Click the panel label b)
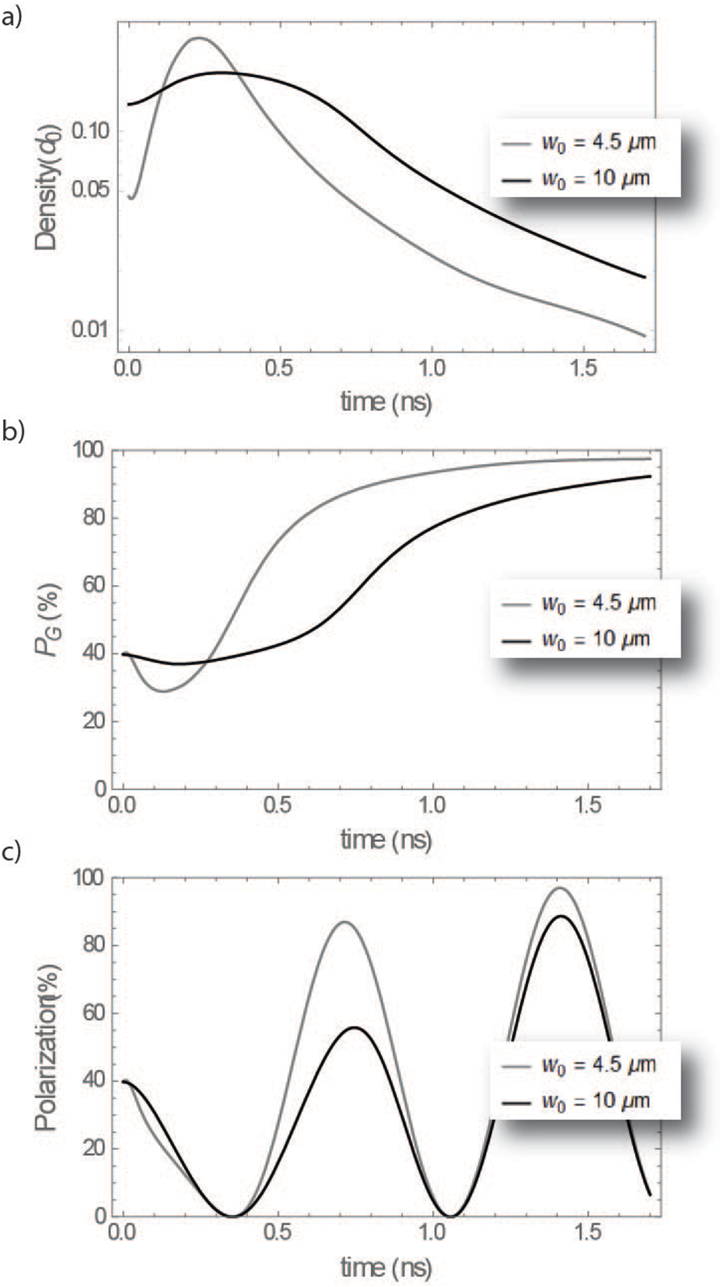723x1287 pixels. [13, 431]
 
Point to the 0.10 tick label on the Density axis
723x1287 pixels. [91, 131]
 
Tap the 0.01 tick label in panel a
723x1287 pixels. [91, 329]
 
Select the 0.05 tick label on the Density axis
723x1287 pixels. [91, 190]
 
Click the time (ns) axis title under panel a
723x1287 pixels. [386, 402]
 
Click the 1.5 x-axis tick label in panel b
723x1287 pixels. [588, 805]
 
